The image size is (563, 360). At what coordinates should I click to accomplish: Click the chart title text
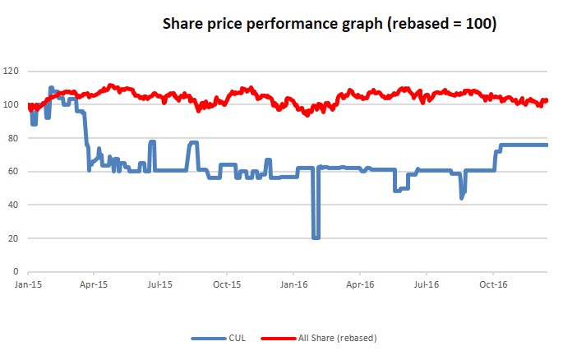(329, 25)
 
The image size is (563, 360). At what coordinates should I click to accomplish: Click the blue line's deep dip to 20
(316, 238)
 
